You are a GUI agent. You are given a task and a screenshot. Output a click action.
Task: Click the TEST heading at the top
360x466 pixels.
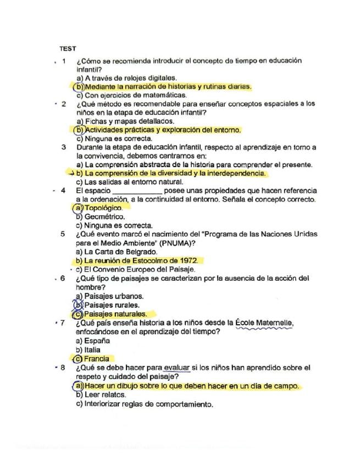[x=68, y=49]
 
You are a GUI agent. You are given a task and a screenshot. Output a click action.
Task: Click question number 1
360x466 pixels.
[x=64, y=61]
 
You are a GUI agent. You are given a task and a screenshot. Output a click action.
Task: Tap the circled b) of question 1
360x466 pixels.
[x=80, y=87]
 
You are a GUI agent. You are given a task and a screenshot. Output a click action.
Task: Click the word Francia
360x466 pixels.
[x=97, y=358]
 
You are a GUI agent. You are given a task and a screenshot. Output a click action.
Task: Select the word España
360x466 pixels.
[x=97, y=341]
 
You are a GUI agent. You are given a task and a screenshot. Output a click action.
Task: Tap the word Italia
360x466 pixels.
[x=93, y=349]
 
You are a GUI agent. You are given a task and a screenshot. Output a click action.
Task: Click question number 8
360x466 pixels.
[x=63, y=367]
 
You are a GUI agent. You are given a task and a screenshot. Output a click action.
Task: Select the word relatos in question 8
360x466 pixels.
[x=113, y=395]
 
